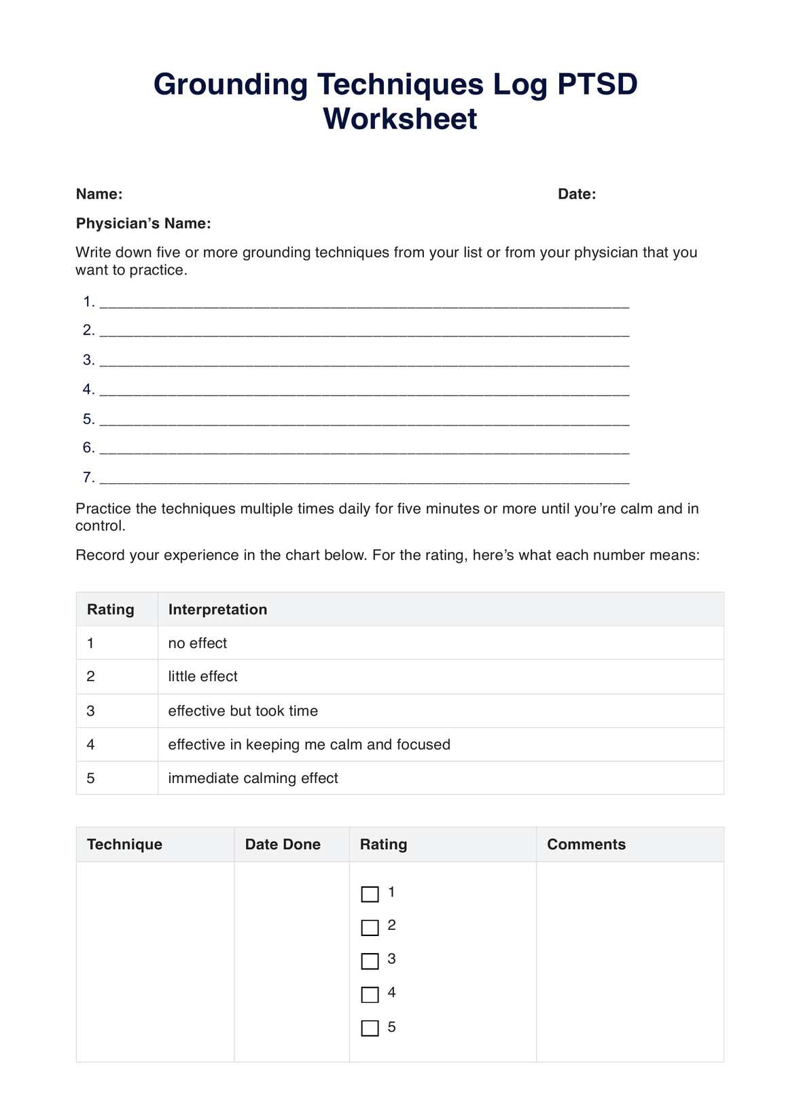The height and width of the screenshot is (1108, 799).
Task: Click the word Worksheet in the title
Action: pyautogui.click(x=399, y=119)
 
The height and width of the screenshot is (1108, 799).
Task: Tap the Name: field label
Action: pyautogui.click(x=99, y=194)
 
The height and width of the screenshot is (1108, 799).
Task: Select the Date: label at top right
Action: pyautogui.click(x=576, y=194)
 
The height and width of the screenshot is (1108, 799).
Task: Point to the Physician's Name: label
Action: pyautogui.click(x=143, y=224)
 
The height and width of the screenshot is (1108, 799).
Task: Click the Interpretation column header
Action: pyautogui.click(x=217, y=610)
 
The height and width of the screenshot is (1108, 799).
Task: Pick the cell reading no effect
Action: pyautogui.click(x=198, y=643)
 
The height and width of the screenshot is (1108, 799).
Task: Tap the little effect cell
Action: pyautogui.click(x=202, y=676)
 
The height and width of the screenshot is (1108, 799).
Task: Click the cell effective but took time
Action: pyautogui.click(x=243, y=711)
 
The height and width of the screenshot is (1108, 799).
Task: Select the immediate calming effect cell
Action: pyautogui.click(x=253, y=778)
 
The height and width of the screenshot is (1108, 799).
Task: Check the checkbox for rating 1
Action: pyautogui.click(x=370, y=894)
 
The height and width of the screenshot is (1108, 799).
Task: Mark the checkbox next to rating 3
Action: pyautogui.click(x=370, y=961)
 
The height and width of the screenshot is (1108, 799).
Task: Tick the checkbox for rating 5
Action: pyautogui.click(x=370, y=1028)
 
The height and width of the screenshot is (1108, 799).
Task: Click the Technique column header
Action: pyautogui.click(x=124, y=844)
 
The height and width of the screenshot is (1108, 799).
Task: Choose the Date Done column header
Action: pyautogui.click(x=283, y=844)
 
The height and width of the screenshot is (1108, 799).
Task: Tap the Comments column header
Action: pyautogui.click(x=586, y=844)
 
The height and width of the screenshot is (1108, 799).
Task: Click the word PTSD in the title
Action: pyautogui.click(x=597, y=85)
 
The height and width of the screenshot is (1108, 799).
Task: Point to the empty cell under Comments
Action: pyautogui.click(x=630, y=961)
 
